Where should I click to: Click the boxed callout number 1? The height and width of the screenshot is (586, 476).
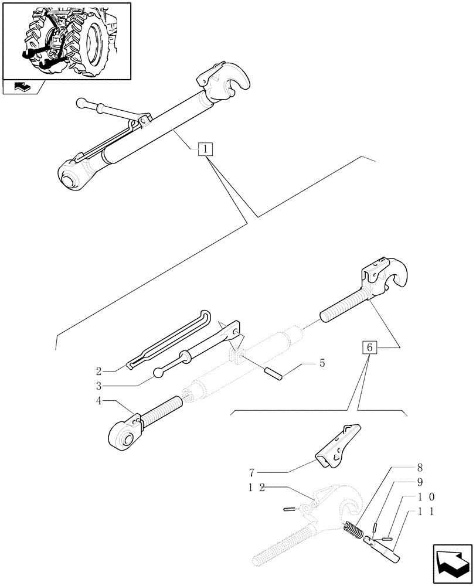(x=205, y=149)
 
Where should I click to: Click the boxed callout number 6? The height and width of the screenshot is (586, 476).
(x=369, y=347)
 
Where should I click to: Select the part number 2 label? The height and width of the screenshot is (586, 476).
(x=100, y=371)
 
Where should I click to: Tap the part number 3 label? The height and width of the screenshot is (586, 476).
(x=100, y=386)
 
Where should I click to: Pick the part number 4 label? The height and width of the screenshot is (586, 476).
(x=100, y=401)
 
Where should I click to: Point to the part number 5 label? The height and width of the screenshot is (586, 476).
(x=322, y=364)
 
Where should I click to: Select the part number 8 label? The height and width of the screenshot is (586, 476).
(x=420, y=468)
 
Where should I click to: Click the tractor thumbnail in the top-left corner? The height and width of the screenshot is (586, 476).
(x=66, y=40)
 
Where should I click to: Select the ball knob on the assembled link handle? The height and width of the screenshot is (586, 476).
(x=81, y=104)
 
